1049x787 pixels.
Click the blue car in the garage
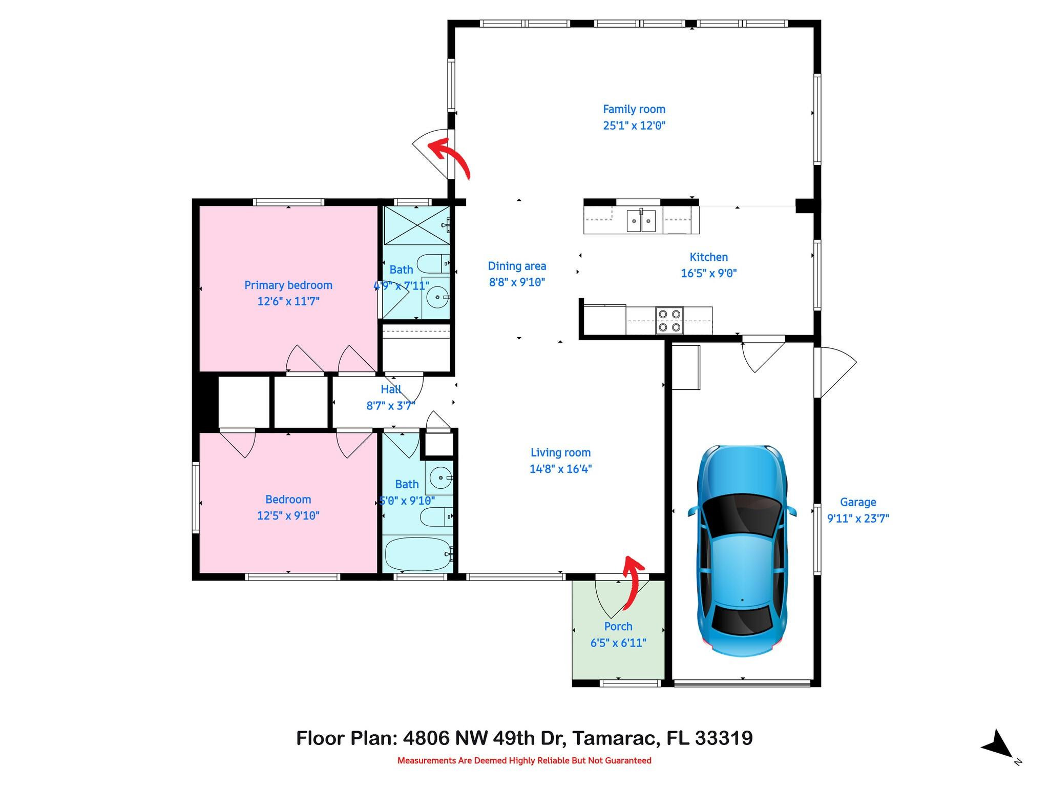coord(742,551)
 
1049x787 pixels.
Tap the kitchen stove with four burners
coord(669,320)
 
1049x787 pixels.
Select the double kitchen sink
coord(641,221)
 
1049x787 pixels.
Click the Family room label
coord(634,109)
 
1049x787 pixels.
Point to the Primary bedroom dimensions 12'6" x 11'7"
coord(288,301)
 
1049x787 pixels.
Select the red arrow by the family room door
coord(449,156)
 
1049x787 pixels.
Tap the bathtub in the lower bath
coord(417,554)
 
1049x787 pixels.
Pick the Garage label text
coord(857,502)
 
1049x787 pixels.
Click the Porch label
coord(618,626)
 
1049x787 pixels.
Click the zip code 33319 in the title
coord(724,738)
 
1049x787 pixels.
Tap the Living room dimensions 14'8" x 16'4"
coord(560,469)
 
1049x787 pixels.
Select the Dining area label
coord(516,266)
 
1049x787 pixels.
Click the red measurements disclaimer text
coord(524,760)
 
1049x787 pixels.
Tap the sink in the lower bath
coord(440,478)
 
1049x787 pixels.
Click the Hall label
coord(390,389)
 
